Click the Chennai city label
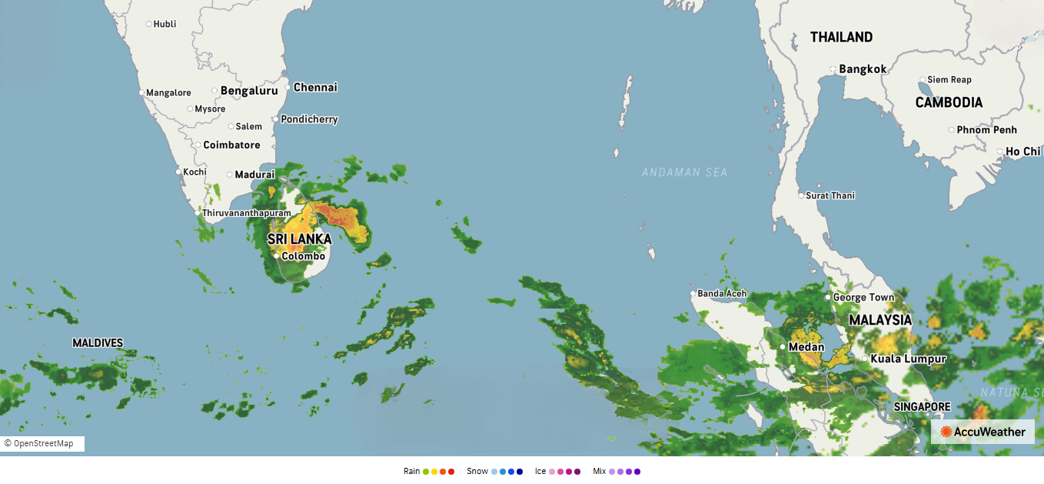click(315, 87)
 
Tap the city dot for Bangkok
click(833, 69)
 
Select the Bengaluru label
click(249, 91)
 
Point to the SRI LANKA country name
click(300, 239)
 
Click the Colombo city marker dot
click(277, 256)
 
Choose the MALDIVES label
click(98, 342)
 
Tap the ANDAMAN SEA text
click(684, 172)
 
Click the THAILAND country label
click(841, 37)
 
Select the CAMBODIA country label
click(949, 102)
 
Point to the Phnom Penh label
click(986, 130)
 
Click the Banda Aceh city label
click(722, 293)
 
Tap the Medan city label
click(806, 347)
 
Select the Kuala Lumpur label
click(908, 359)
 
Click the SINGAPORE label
click(922, 406)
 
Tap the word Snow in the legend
click(477, 471)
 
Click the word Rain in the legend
click(412, 471)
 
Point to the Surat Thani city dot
click(801, 195)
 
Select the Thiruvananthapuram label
click(246, 212)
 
